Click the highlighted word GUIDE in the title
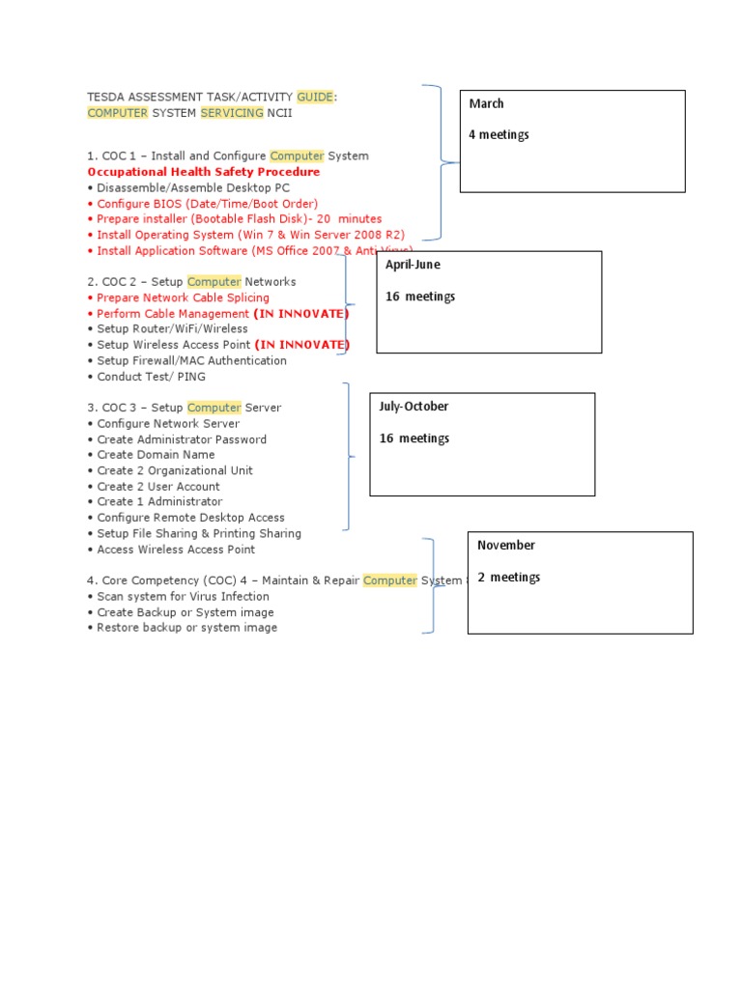[316, 97]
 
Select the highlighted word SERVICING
[232, 113]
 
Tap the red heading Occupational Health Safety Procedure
[204, 172]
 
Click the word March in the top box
[486, 104]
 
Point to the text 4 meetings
[499, 135]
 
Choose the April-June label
[413, 265]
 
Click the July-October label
[414, 407]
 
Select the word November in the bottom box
[505, 546]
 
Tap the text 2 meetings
[508, 578]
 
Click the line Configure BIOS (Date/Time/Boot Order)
[207, 204]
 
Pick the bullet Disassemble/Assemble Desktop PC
[193, 187]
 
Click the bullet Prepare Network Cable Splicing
[183, 297]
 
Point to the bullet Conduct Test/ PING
[151, 377]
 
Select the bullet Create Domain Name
[156, 455]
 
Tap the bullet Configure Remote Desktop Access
[190, 518]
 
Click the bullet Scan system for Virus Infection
[183, 597]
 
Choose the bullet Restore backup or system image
[186, 628]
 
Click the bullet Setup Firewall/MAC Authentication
[191, 361]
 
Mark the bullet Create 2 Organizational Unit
[175, 470]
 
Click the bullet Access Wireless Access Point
[176, 550]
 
